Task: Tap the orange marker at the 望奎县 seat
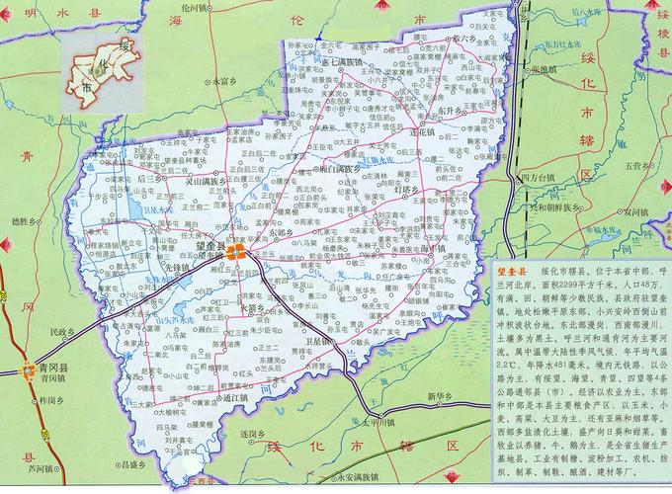tap(235, 253)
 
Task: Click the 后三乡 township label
tap(152, 181)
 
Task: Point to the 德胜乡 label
tap(21, 221)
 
